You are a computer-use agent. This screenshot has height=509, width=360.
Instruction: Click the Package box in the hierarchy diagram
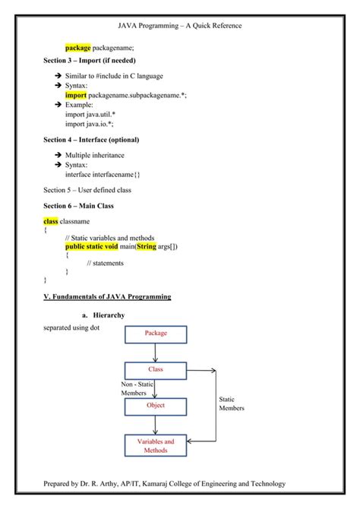pos(156,333)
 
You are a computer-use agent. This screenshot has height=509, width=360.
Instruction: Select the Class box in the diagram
pos(156,370)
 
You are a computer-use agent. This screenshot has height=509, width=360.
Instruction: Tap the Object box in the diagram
pos(156,406)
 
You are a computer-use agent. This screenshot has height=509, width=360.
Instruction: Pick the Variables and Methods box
pos(156,446)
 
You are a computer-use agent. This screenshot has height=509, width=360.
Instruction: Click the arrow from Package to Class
pos(156,352)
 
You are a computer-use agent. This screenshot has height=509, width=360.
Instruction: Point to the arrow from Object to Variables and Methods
pos(156,425)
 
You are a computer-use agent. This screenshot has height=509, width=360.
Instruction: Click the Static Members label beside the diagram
pos(232,403)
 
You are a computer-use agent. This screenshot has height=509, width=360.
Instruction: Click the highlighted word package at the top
pos(77,47)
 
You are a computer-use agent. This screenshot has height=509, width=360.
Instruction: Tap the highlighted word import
pos(76,96)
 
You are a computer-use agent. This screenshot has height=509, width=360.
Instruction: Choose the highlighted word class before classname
pos(51,221)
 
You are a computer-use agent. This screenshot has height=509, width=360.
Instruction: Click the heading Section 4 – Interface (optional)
pos(91,140)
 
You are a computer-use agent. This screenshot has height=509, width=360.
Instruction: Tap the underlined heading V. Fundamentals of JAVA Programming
pos(107,296)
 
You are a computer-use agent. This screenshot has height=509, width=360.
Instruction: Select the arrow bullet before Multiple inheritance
pos(58,155)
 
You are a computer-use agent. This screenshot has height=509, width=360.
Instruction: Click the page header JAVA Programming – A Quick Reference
pos(180,27)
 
